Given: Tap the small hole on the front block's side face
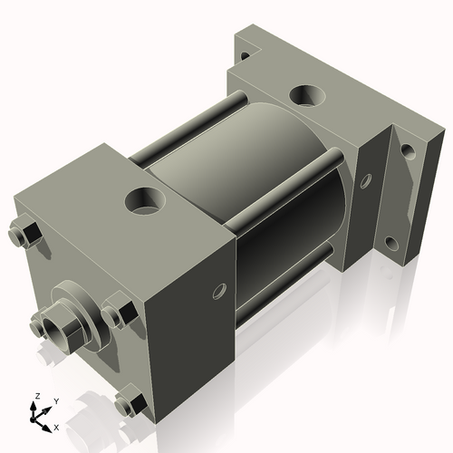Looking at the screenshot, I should (218, 292).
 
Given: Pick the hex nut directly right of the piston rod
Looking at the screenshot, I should (118, 313).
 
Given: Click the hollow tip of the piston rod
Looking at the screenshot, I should (50, 322).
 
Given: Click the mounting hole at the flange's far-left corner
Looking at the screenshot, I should (243, 55).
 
